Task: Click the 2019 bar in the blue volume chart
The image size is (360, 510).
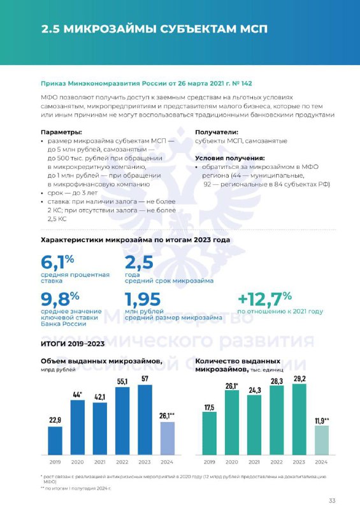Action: pos(55,441)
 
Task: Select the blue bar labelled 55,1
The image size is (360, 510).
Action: pos(122,421)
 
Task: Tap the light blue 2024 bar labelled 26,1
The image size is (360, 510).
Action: pos(167,439)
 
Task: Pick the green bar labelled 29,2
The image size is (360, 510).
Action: pos(299,419)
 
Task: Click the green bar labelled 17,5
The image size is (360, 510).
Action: pos(210,433)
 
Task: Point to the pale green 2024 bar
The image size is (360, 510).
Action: pos(322,440)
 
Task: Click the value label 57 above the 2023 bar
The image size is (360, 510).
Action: pos(145,379)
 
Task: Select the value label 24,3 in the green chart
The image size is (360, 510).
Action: pos(254,390)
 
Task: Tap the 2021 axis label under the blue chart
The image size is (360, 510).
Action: pos(99,462)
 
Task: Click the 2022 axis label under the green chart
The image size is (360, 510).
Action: pos(277,462)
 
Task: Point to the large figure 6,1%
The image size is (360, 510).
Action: pos(57,262)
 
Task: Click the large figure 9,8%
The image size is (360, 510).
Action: pos(60,298)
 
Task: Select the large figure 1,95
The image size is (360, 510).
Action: pos(143,300)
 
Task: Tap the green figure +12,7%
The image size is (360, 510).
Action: pos(264,299)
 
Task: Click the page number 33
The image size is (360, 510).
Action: pos(332,500)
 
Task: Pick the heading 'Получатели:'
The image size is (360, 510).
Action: pos(217,133)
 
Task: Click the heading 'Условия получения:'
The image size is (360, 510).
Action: pos(230,158)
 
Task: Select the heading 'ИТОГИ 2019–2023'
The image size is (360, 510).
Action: pos(73,344)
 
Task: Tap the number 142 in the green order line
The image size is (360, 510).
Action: pos(247,84)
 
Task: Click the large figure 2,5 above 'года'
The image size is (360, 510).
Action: pos(139,263)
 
